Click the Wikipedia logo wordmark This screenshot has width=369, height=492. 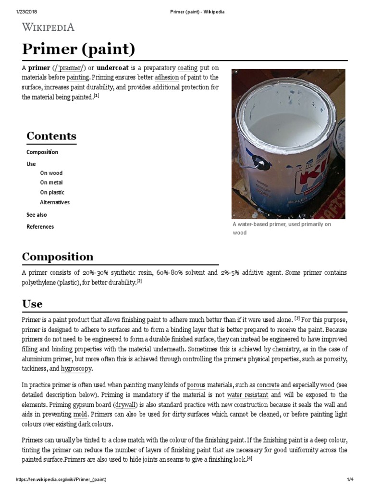click(48, 27)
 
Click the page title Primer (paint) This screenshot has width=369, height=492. click(78, 49)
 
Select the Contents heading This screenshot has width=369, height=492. click(51, 136)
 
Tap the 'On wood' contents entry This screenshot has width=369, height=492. click(51, 173)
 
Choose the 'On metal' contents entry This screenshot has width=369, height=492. click(51, 183)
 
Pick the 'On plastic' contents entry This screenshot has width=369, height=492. click(52, 193)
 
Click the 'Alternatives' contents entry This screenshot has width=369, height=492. click(55, 202)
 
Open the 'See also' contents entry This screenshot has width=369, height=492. click(37, 215)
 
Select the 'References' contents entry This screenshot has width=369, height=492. click(40, 227)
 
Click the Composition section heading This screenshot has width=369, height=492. click(58, 257)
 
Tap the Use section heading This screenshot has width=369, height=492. click(32, 304)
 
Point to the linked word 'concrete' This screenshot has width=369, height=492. click(268, 385)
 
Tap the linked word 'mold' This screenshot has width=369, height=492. click(80, 414)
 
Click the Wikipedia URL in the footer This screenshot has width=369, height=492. click(61, 480)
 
